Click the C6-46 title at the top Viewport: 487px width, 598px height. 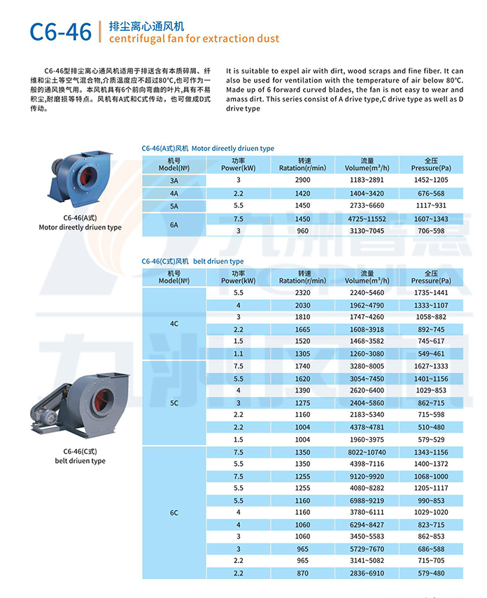tap(60, 31)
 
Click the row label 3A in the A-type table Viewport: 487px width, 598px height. tap(174, 180)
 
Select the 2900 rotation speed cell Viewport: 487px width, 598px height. tap(302, 180)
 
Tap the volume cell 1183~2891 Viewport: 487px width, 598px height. tap(367, 180)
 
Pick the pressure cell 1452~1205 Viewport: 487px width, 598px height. tap(431, 180)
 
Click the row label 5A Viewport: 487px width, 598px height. tap(174, 206)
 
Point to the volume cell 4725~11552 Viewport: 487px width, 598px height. tap(367, 219)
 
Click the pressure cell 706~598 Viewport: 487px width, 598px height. tap(431, 230)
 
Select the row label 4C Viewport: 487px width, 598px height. tap(174, 324)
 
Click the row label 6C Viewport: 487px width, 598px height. tap(174, 513)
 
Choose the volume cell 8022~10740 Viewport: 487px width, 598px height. tap(367, 453)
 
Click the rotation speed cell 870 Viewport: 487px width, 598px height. tap(302, 574)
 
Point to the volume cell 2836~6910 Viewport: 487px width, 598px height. tap(367, 574)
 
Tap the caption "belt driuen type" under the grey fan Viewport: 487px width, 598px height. tap(80, 461)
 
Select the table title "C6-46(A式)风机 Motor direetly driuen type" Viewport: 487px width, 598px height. tap(208, 148)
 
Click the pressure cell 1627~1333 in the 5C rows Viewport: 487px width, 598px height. tap(431, 366)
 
